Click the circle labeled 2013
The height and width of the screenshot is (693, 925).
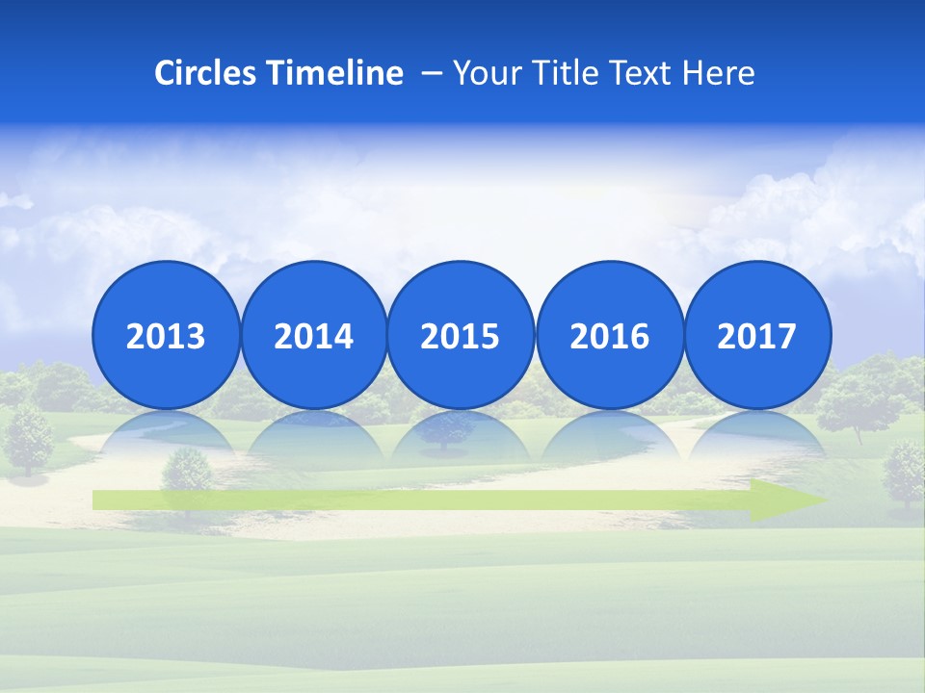point(166,336)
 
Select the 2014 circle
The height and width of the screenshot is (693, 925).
point(313,336)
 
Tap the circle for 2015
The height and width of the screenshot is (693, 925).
point(461,336)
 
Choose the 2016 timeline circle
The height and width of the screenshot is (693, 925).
point(609,336)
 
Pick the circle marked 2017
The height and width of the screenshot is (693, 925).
point(756,336)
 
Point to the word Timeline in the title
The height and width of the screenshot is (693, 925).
point(336,73)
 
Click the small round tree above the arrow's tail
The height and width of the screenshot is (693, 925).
point(186,469)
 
